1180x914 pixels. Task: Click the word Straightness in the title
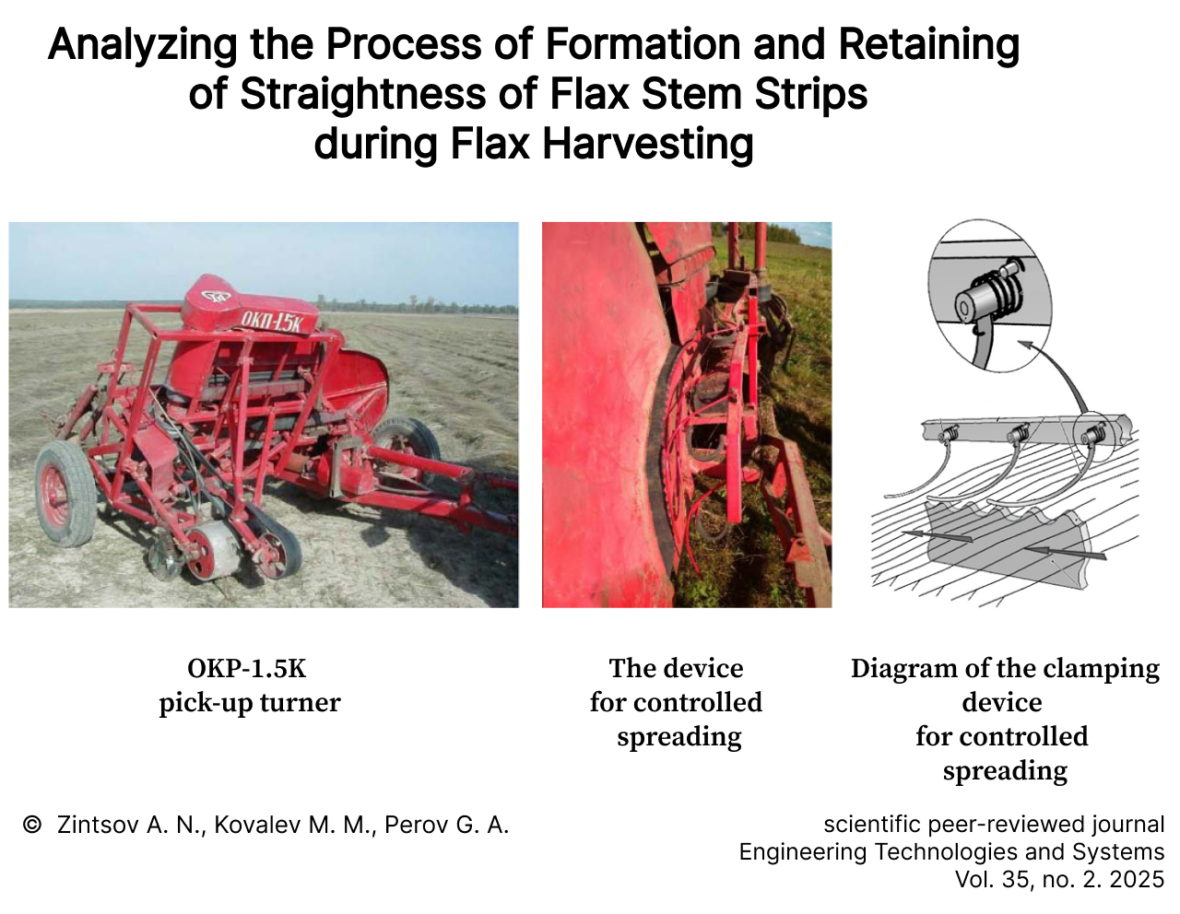(x=363, y=94)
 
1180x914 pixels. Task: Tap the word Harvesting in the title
(x=648, y=145)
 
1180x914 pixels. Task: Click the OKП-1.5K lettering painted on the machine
(x=271, y=322)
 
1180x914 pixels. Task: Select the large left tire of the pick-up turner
(x=65, y=493)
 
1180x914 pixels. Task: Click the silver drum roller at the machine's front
(x=213, y=549)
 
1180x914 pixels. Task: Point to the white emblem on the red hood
(x=215, y=297)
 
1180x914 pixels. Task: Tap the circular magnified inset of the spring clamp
(x=989, y=296)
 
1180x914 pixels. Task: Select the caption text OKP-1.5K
(x=247, y=669)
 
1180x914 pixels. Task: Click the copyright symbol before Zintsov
(x=32, y=825)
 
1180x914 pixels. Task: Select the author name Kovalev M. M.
(x=294, y=825)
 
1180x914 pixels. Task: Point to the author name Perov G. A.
(x=446, y=825)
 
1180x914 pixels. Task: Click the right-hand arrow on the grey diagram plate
(x=1065, y=553)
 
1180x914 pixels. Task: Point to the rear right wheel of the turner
(x=407, y=445)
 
